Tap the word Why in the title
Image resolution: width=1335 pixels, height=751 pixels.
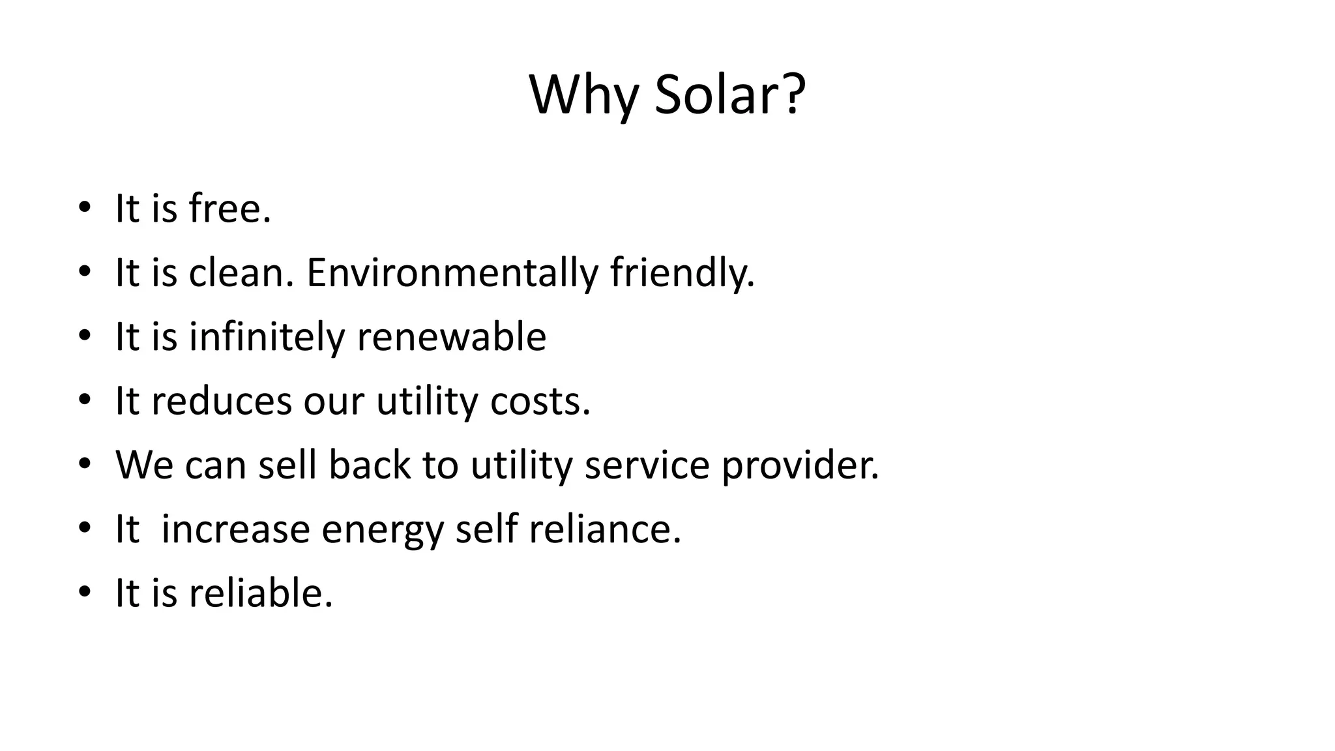583,95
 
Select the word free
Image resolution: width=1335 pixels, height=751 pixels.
229,209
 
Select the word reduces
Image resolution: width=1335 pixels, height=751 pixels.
222,401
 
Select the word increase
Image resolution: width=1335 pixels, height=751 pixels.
235,529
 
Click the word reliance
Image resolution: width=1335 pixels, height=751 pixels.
604,529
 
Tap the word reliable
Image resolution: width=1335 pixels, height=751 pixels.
261,593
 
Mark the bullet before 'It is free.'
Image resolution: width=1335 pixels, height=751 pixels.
83,209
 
